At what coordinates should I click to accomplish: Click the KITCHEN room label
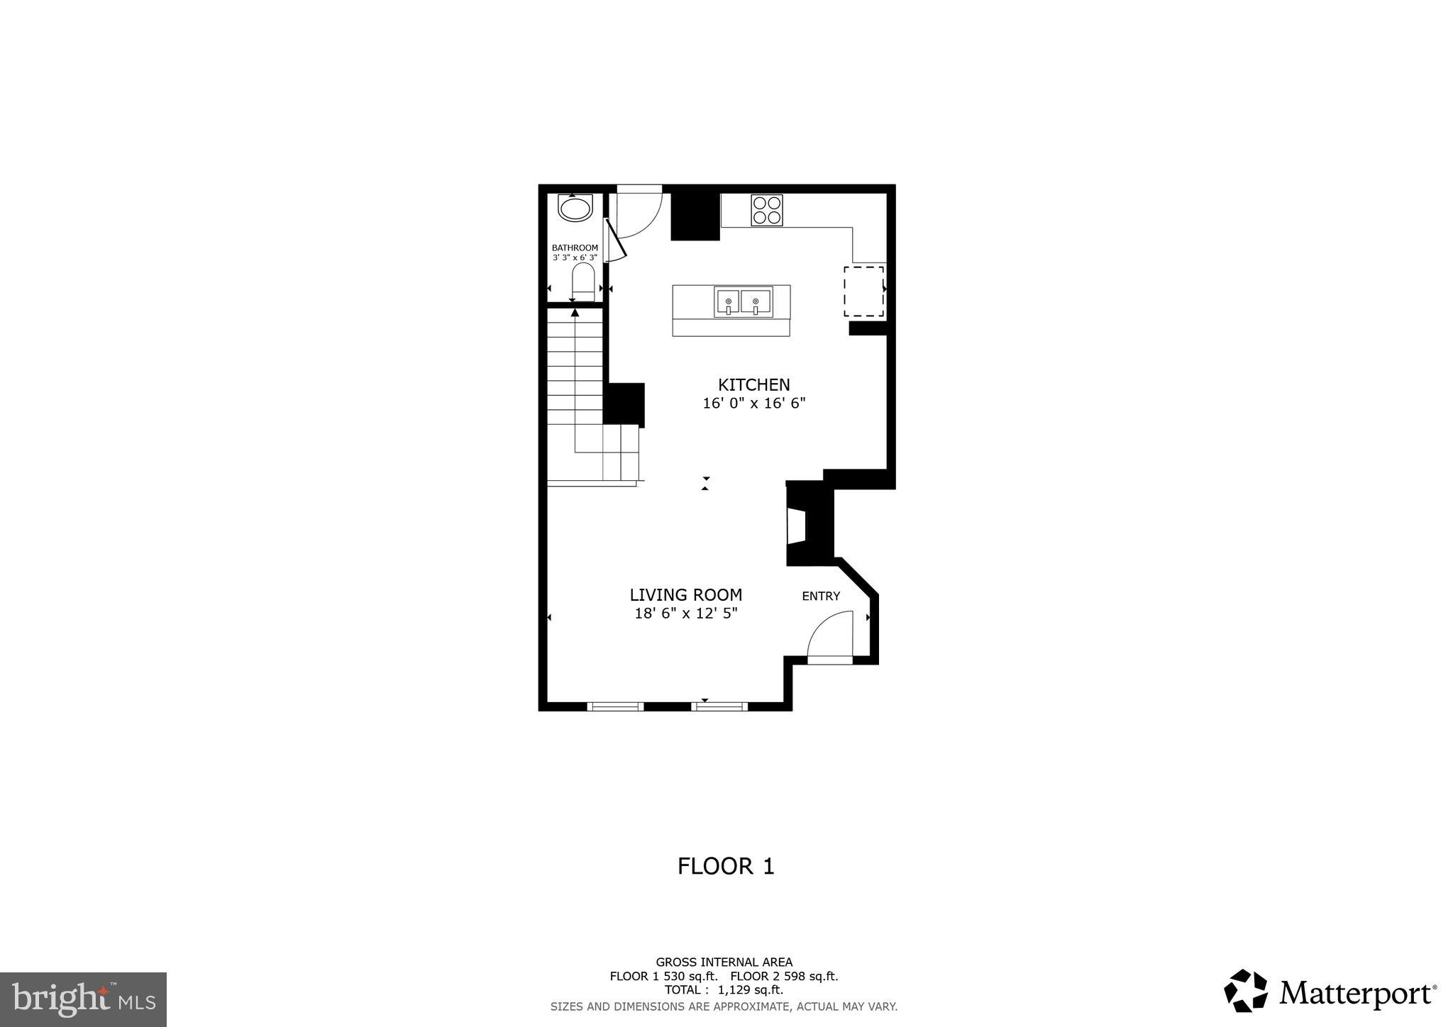coord(753,385)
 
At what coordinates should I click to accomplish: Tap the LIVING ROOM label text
coord(686,595)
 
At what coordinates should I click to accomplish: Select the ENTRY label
coord(821,596)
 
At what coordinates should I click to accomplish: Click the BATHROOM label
coord(575,248)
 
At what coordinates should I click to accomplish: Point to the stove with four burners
coord(767,210)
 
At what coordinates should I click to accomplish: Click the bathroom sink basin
coord(575,209)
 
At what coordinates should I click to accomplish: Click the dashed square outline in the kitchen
coord(863,292)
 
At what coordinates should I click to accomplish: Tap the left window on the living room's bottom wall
coord(615,706)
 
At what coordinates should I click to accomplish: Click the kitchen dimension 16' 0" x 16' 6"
coord(753,404)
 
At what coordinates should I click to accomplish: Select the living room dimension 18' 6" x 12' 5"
coord(686,614)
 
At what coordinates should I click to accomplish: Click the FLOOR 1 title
coord(726,866)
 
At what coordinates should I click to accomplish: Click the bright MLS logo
coord(83,1000)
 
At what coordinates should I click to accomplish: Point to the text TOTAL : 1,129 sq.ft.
coord(724,990)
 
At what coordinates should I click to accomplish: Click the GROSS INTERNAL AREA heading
coord(724,962)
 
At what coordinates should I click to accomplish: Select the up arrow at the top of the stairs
coord(575,312)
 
